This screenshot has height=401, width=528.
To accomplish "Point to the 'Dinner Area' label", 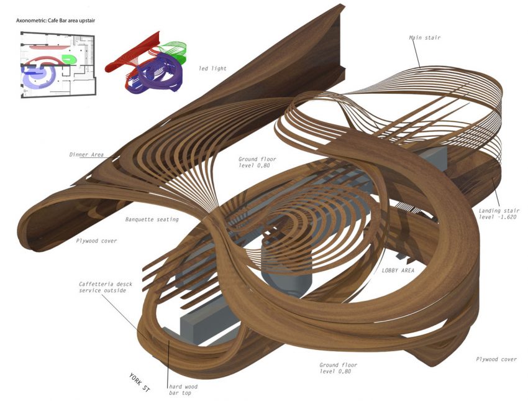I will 86,155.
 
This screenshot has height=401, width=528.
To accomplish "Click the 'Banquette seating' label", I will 152,219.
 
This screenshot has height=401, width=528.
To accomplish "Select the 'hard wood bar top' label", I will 184,389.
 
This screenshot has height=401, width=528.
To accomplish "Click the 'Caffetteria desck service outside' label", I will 102,287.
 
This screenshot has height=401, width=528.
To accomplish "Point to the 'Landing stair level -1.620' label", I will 498,214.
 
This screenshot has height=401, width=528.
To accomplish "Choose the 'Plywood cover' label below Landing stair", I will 496,359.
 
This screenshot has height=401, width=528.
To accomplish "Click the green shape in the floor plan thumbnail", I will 68,59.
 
